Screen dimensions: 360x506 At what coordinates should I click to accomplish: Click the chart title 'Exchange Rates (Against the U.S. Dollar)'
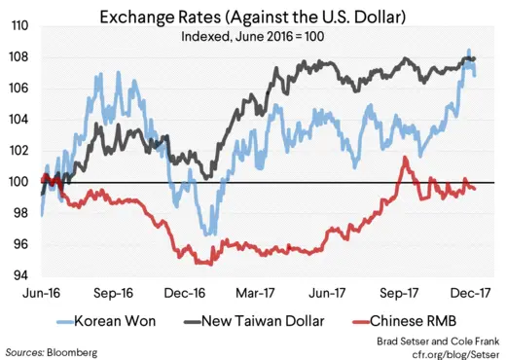[252, 17]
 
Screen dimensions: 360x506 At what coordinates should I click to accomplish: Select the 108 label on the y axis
[18, 58]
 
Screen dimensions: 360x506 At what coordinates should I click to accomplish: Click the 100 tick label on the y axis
[18, 182]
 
